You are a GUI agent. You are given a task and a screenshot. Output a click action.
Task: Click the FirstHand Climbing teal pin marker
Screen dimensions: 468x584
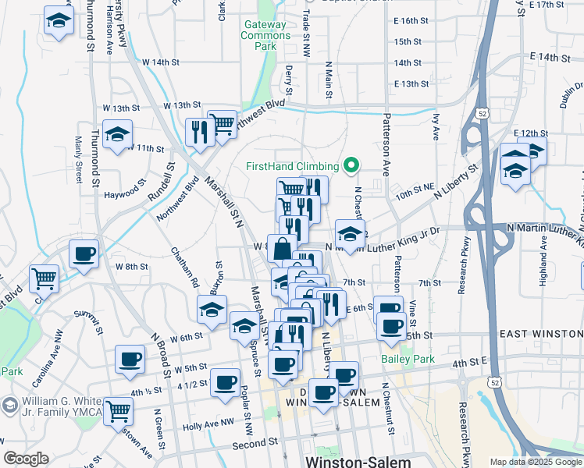(351, 165)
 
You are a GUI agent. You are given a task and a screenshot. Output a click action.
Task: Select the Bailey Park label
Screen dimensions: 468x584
(406, 360)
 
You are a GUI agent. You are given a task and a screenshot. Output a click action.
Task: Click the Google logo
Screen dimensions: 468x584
(26, 459)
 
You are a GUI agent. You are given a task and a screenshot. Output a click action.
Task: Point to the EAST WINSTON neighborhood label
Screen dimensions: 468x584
(540, 334)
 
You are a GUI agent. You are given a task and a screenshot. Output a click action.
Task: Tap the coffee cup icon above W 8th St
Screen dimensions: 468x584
(84, 253)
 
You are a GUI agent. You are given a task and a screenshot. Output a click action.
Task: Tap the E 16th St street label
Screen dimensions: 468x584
(411, 20)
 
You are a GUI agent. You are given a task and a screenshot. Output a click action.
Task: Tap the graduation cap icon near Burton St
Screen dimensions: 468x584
(212, 309)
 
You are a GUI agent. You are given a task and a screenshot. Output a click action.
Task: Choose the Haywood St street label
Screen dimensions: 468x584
(126, 192)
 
